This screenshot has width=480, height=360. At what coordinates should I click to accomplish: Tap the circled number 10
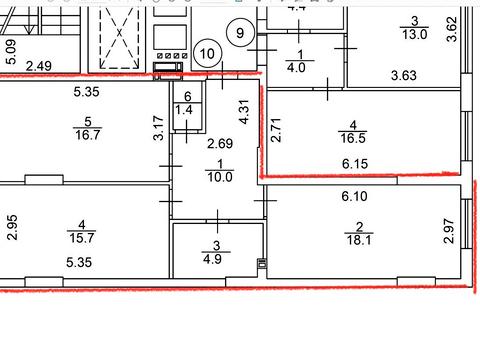tap(208, 53)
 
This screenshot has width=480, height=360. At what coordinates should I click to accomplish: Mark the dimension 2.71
tap(276, 132)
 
